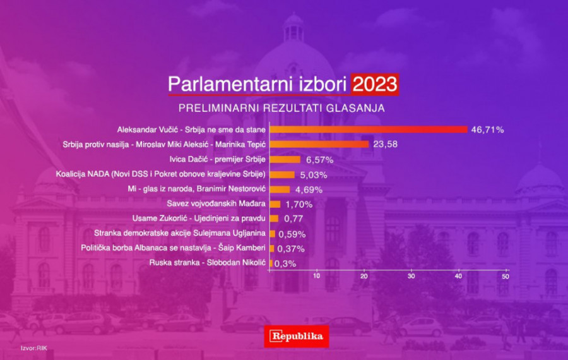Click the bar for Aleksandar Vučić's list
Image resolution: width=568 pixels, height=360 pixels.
[x=369, y=129]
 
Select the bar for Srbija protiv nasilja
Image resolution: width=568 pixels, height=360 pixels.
[x=319, y=144]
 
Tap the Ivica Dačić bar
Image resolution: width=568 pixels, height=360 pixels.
[x=285, y=160]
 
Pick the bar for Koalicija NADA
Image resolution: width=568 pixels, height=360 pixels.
[x=282, y=175]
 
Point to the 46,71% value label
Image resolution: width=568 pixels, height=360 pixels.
[x=488, y=129]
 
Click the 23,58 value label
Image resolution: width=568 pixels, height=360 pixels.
[x=386, y=144]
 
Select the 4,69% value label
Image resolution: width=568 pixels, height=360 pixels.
[x=309, y=189]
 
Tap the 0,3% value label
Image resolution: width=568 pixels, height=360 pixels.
[x=285, y=264]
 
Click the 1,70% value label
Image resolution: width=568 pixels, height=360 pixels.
[x=299, y=205]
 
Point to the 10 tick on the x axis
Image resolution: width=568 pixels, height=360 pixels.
[x=317, y=276]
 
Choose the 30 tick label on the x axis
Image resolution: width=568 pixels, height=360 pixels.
[x=411, y=276]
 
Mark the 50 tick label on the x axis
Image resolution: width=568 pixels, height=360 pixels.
[x=506, y=276]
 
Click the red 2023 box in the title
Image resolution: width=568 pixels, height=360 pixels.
[x=374, y=85]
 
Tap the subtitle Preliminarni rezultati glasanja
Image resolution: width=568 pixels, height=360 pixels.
[x=281, y=108]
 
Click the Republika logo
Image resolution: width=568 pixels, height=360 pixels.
[x=297, y=336]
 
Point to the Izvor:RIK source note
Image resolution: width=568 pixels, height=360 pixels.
[x=34, y=348]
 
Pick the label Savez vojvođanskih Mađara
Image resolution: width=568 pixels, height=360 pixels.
[x=216, y=204]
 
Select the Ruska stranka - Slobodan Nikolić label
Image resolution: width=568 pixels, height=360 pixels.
[x=208, y=263]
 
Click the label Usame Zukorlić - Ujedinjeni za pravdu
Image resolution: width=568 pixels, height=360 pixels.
[x=199, y=219]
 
